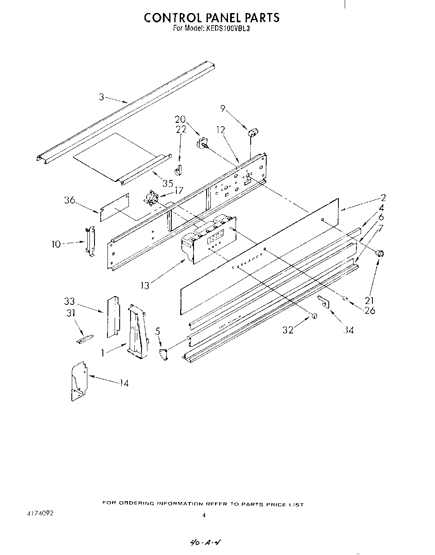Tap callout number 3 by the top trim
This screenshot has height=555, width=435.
(101, 97)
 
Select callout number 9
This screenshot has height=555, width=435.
(223, 108)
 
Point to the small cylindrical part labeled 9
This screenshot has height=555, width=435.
(253, 133)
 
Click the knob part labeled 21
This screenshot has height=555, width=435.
(380, 253)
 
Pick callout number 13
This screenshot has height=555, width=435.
(144, 286)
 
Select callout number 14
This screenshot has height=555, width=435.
(123, 383)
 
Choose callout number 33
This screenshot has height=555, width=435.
(69, 301)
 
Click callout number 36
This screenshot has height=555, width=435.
(70, 200)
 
